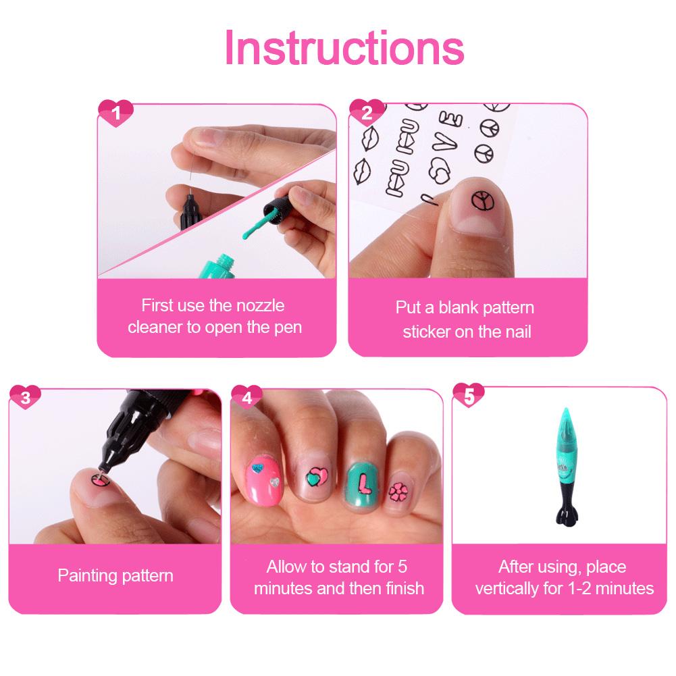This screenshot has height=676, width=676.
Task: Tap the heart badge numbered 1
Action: [x=115, y=113]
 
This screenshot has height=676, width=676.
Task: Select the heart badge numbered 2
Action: [x=367, y=113]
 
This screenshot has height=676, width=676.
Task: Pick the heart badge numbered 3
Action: [x=26, y=398]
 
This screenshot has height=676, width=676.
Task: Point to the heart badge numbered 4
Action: [x=247, y=398]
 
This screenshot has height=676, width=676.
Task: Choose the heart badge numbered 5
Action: [x=469, y=398]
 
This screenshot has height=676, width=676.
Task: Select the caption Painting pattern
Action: [x=115, y=576]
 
